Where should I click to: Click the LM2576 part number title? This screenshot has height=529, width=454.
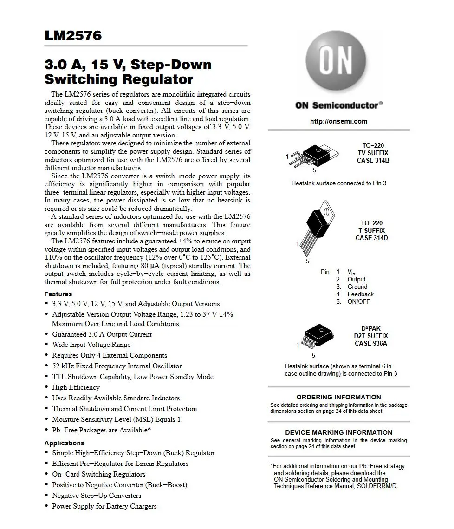point(73,36)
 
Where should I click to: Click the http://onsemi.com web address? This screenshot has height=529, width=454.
point(338,121)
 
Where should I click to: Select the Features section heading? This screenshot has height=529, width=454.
point(58,294)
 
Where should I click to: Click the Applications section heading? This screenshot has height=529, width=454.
point(64,443)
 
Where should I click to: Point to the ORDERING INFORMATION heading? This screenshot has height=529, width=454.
point(338,397)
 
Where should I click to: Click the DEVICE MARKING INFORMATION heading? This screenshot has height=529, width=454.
point(338,432)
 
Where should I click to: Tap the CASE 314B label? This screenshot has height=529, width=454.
point(373,160)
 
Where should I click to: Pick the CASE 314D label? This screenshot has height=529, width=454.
point(371,238)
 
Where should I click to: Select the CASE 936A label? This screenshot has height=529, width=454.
point(371,343)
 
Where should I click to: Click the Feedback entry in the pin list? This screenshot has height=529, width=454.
point(360,294)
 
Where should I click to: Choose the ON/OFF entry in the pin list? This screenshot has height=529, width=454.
point(358,301)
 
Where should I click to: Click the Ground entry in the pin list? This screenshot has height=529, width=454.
point(357,287)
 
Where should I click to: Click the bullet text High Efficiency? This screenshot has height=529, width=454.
point(76,387)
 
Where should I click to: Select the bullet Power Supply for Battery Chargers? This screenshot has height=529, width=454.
point(104,506)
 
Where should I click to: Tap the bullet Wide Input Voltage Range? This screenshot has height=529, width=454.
point(91,345)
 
